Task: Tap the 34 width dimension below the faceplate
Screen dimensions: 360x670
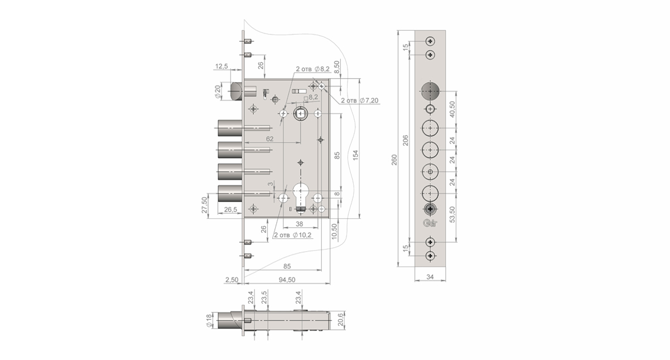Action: pos(430,276)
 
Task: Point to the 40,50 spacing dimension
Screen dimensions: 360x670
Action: pos(452,108)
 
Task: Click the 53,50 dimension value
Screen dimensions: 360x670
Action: pos(452,214)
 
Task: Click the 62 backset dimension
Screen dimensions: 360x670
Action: pos(269,138)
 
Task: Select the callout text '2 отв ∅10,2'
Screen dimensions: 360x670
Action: pos(293,235)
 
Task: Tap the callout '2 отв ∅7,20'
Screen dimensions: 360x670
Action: pos(360,100)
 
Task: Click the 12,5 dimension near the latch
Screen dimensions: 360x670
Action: pos(221,67)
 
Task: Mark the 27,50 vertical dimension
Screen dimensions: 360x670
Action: pos(205,205)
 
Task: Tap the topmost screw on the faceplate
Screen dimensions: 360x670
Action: pos(430,41)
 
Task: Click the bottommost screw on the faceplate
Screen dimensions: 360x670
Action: pos(430,256)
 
